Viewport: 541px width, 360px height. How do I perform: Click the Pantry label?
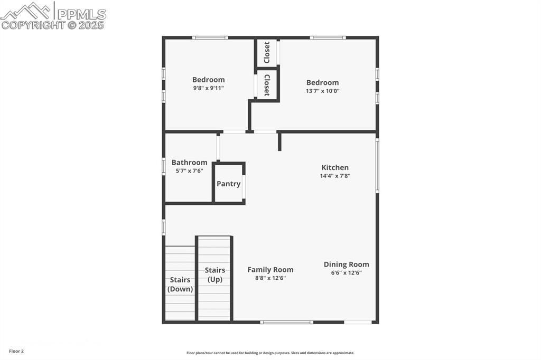[228, 184]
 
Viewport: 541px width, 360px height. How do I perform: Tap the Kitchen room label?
[334, 167]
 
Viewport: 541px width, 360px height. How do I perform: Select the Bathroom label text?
[189, 163]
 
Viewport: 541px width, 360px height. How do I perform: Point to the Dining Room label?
[346, 264]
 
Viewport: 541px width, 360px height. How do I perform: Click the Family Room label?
[270, 270]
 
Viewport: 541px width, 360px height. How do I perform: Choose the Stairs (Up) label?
[214, 274]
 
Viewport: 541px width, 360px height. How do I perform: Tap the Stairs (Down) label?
[180, 285]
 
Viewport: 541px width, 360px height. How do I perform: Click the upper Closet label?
[267, 52]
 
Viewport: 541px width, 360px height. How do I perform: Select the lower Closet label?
[267, 84]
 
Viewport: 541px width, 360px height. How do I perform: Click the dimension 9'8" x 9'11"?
[208, 88]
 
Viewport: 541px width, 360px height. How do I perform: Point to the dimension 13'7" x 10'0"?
[322, 91]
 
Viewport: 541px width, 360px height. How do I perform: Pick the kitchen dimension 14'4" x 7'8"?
[334, 176]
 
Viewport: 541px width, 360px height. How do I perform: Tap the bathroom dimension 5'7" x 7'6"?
[189, 171]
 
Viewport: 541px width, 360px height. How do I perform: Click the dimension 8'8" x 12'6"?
[270, 278]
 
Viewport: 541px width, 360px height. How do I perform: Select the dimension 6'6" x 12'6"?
[346, 273]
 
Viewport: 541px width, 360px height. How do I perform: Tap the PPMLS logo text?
[81, 14]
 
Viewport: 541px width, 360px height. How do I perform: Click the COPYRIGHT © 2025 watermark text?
[53, 25]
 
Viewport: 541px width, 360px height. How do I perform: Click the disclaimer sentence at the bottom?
[270, 353]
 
